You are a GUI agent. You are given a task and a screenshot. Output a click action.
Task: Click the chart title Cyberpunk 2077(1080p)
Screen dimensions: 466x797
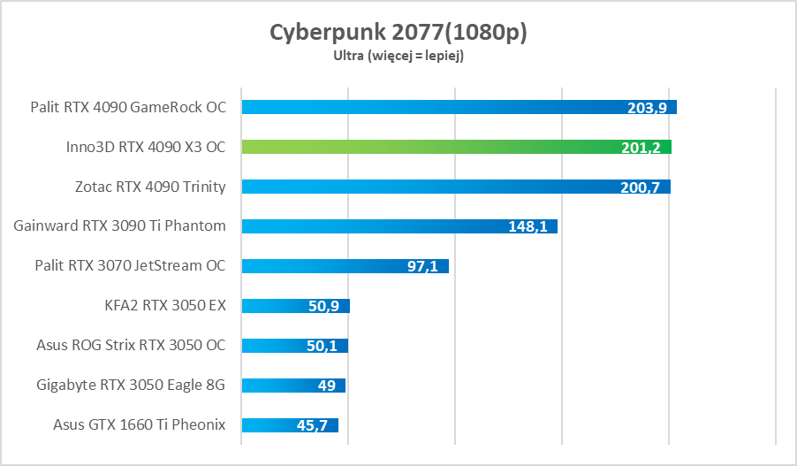pos(398,33)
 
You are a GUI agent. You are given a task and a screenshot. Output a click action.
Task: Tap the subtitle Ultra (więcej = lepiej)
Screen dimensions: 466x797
pos(398,56)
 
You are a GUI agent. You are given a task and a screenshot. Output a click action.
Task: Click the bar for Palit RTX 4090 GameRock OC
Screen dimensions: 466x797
pos(424,107)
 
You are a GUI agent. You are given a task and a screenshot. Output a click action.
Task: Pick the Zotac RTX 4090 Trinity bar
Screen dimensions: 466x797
pos(424,187)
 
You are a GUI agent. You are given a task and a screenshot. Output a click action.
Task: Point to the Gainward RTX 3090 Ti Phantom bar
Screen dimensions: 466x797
pos(371,226)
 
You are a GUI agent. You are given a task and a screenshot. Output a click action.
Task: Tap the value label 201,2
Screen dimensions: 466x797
pos(641,148)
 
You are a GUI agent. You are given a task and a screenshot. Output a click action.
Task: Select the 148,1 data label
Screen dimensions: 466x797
pos(528,226)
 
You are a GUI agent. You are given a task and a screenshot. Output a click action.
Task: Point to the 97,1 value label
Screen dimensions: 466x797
pos(422,266)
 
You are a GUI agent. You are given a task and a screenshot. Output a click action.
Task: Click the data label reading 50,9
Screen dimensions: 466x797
pos(324,306)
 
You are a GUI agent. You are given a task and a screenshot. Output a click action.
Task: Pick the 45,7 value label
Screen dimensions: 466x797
pos(312,425)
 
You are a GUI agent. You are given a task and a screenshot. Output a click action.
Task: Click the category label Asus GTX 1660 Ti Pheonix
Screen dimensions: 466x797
pos(140,424)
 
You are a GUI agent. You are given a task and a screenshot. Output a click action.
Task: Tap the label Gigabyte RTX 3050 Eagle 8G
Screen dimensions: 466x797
pos(132,385)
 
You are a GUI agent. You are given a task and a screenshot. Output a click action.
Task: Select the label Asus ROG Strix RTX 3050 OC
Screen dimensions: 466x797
pos(131,345)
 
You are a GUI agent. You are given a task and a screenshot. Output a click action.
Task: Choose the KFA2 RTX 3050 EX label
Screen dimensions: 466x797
pos(165,305)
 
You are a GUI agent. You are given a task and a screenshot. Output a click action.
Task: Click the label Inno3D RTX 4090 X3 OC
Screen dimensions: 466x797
pos(146,147)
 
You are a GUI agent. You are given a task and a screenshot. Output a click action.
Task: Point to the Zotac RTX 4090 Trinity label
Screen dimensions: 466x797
pos(150,187)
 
